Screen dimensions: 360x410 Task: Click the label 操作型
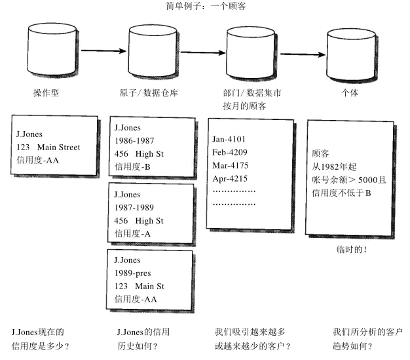coord(46,93)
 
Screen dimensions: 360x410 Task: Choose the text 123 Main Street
coord(48,148)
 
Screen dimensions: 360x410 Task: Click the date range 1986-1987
coord(135,141)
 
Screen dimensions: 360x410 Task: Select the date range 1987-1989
coord(135,208)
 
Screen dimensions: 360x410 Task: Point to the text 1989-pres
coord(132,273)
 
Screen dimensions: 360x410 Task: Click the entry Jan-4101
coord(229,139)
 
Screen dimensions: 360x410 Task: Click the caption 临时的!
coord(351,250)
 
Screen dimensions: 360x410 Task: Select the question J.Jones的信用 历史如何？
coord(138,339)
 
